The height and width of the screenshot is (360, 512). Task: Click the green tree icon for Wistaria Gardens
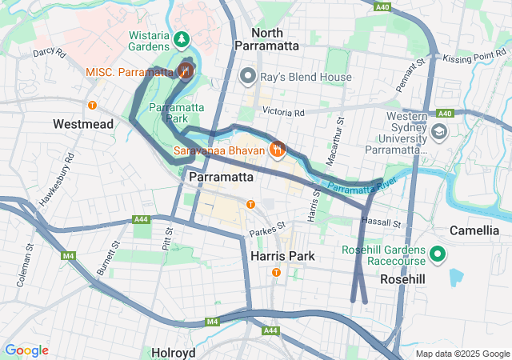pos(182,38)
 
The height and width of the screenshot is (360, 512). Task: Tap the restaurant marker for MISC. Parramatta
pos(186,71)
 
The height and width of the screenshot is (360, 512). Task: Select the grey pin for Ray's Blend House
pos(248,77)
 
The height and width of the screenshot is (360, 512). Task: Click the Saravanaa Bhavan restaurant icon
pos(278,150)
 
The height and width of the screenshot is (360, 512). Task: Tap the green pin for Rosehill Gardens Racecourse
pos(437,255)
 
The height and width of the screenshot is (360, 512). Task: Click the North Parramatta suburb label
pos(266,39)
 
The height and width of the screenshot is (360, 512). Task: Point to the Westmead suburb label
pos(83,124)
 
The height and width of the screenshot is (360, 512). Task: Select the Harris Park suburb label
pos(282,256)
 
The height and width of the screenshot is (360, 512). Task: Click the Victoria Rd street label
pos(289,113)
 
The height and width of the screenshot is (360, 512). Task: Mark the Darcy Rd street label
pos(49,52)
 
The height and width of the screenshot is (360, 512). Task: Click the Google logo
pos(26,350)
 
